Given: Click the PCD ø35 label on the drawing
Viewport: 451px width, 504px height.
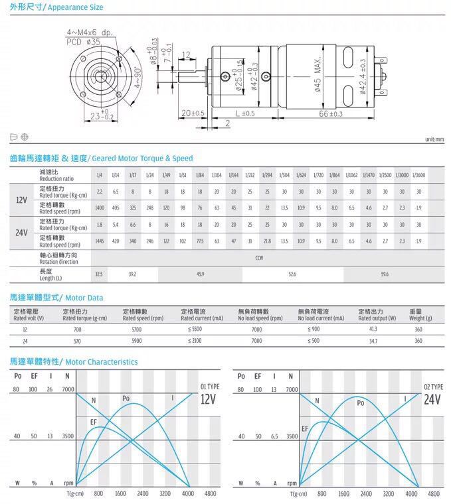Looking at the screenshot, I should click(x=84, y=41).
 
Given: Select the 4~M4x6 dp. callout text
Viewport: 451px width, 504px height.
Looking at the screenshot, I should click(x=90, y=32).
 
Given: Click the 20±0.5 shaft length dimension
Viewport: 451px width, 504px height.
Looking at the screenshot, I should click(x=193, y=113).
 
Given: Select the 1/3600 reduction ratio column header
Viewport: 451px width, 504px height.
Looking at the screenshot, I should click(x=418, y=175).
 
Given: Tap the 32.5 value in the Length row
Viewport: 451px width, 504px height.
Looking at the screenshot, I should click(x=99, y=273).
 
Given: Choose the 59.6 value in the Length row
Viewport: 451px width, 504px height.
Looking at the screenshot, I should click(x=385, y=273).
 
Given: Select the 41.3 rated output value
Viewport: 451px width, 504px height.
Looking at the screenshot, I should click(x=373, y=329).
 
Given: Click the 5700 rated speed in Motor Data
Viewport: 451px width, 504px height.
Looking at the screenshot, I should click(x=137, y=329).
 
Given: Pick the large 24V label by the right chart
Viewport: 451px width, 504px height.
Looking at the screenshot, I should click(x=432, y=399).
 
